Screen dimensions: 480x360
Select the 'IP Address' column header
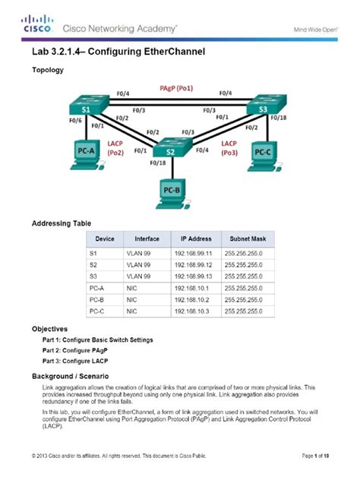pyautogui.click(x=191, y=238)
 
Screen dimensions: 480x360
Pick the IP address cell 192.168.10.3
pyautogui.click(x=191, y=311)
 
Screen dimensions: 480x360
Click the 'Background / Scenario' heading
pyautogui.click(x=70, y=376)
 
